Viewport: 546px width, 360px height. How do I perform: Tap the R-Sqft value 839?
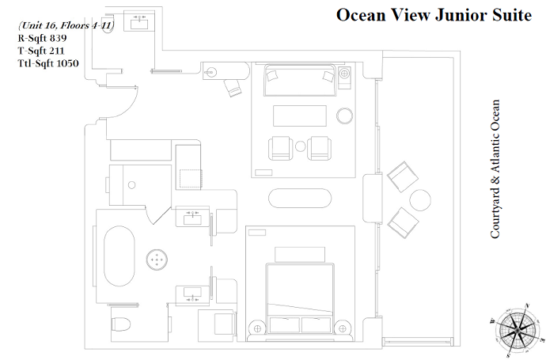click(58, 38)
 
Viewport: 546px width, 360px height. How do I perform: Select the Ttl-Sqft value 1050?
click(67, 63)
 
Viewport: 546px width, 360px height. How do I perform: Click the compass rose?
click(517, 331)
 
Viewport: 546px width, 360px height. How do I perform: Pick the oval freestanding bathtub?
click(119, 256)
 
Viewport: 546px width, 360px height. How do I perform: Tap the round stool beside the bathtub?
click(157, 260)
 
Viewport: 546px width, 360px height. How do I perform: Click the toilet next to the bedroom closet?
click(121, 324)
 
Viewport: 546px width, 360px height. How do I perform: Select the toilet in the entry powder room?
click(108, 25)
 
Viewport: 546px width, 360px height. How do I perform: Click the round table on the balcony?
click(420, 200)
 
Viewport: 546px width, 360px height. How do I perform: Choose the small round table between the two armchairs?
click(301, 146)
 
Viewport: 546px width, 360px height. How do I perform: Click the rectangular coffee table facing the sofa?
click(300, 116)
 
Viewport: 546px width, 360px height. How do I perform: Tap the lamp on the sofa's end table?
click(344, 74)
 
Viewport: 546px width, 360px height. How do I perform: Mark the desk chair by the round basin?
click(233, 87)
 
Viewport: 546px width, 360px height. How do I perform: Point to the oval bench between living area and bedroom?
click(300, 198)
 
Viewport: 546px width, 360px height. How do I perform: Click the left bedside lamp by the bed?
click(257, 328)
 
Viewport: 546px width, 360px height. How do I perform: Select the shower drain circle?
click(131, 185)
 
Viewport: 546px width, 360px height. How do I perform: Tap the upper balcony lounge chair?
click(403, 176)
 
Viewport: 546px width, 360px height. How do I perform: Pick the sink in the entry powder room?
click(139, 23)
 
